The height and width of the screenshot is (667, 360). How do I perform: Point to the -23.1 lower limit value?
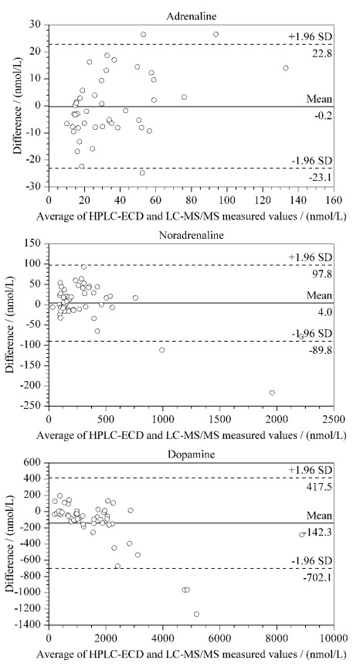click(321, 178)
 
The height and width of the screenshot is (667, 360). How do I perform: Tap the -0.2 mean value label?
click(324, 116)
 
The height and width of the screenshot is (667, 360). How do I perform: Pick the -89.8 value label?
click(321, 351)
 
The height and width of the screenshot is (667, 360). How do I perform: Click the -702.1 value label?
click(319, 577)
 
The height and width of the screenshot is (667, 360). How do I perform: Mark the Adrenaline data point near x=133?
click(286, 68)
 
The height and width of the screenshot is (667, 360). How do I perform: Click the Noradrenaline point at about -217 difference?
click(272, 393)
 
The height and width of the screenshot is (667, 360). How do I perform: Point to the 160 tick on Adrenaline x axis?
click(334, 200)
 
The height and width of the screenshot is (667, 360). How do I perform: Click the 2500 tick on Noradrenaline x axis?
click(334, 420)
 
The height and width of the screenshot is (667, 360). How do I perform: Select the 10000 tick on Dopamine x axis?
click(334, 638)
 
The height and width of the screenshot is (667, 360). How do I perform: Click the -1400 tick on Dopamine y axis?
click(32, 624)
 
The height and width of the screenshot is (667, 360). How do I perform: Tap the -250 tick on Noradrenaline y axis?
click(36, 406)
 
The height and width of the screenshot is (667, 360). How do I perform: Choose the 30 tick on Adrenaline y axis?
click(41, 25)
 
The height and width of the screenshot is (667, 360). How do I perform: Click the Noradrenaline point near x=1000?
click(162, 350)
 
